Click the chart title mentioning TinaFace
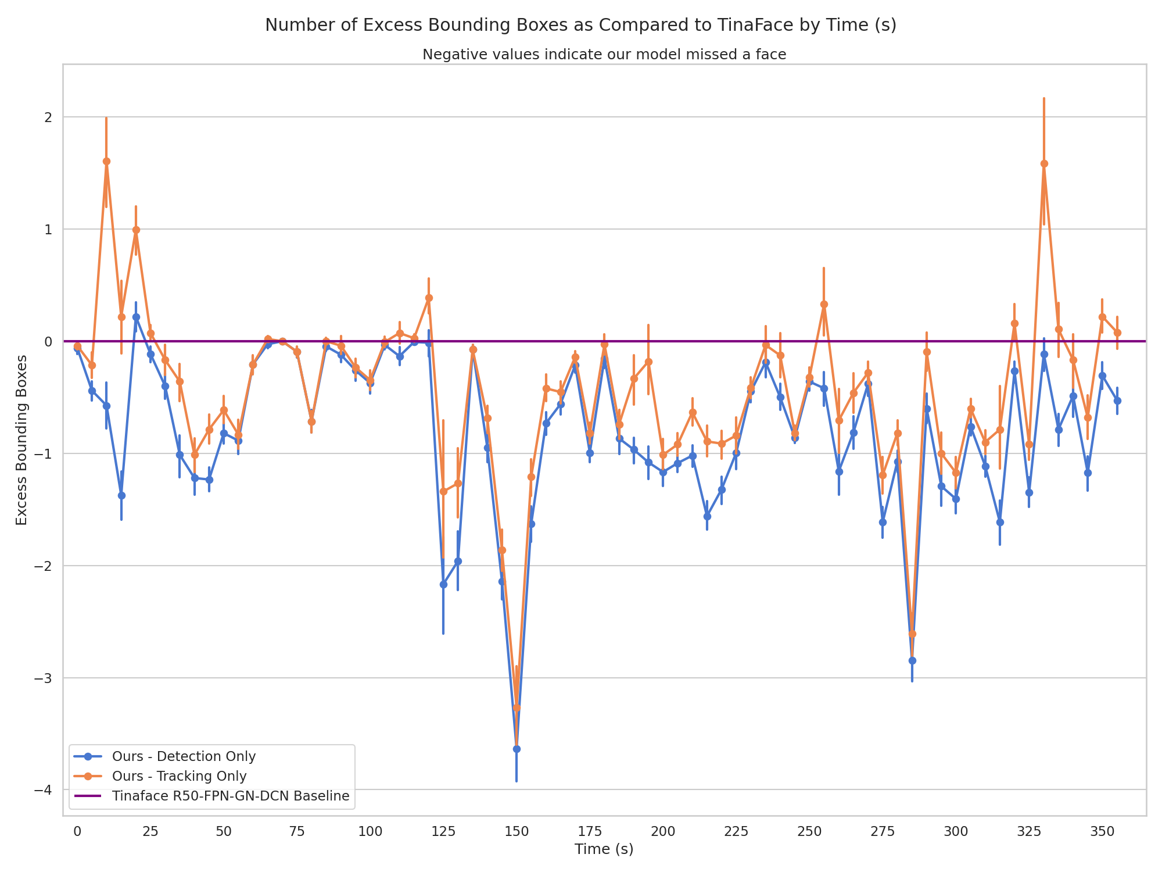point(580,26)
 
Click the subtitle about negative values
point(604,55)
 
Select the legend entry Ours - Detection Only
point(184,756)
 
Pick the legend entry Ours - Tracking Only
point(179,776)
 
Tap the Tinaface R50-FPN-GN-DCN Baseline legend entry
point(231,796)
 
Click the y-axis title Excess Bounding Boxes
point(21,440)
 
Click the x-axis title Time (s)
point(604,849)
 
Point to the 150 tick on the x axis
point(517,832)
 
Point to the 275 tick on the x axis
point(883,832)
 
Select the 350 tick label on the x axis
point(1102,832)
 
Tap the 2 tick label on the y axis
point(49,117)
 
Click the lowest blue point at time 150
point(517,749)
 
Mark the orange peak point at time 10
point(106,162)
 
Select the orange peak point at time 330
point(1044,164)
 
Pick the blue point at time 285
point(912,660)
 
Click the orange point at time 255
point(824,304)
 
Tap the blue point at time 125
point(443,584)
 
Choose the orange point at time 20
point(136,230)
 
